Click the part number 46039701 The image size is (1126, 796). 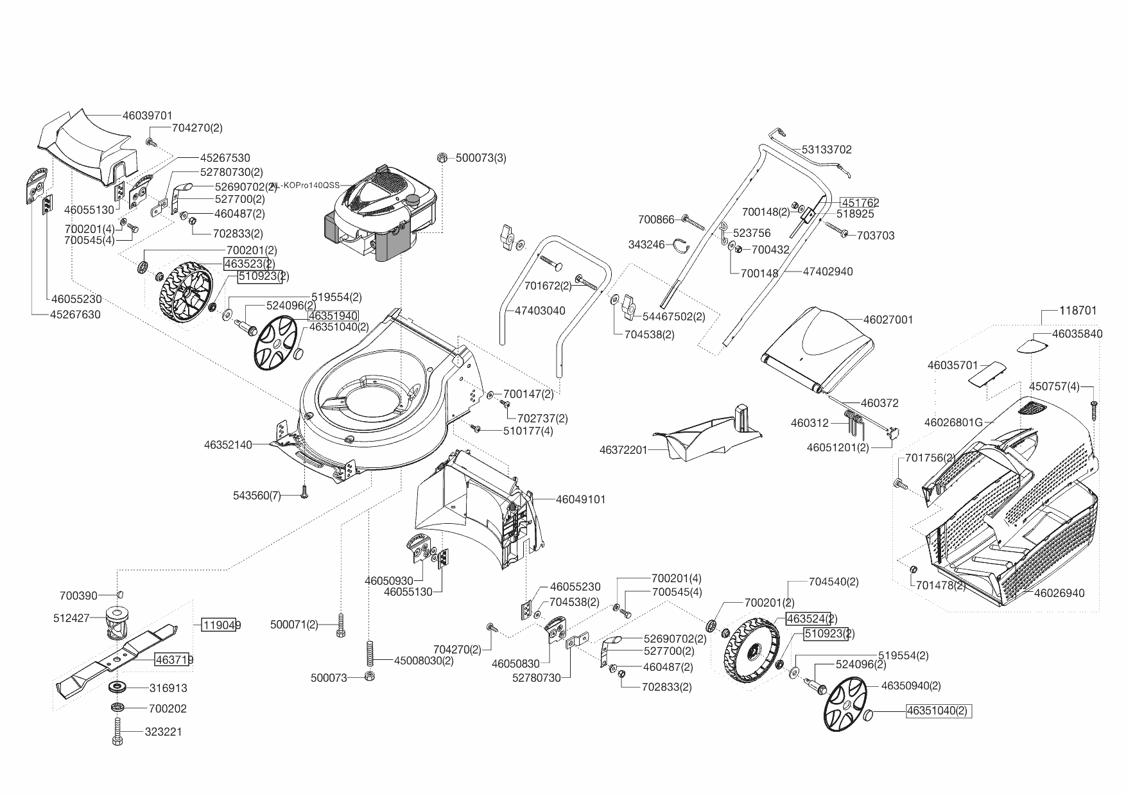click(147, 116)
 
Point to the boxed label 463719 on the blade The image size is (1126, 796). click(173, 659)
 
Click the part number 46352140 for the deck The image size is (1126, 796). click(228, 444)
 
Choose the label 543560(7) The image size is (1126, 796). click(257, 496)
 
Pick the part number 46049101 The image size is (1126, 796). click(580, 499)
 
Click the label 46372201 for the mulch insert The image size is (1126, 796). click(623, 450)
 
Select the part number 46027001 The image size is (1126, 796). click(888, 320)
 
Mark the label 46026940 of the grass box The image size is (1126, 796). click(1059, 593)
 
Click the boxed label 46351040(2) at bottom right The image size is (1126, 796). click(938, 711)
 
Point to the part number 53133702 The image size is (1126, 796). click(826, 150)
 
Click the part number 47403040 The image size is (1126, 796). click(540, 311)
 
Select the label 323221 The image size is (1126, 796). click(163, 732)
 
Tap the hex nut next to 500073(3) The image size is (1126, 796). click(442, 158)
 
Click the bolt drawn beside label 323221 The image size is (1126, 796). click(117, 731)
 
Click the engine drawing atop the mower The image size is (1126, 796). click(379, 212)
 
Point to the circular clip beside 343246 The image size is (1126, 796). click(681, 244)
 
